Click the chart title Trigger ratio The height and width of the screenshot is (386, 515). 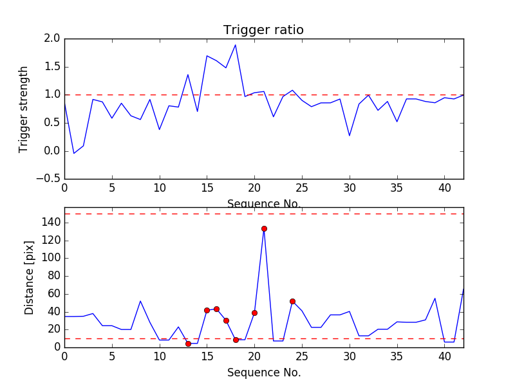pyautogui.click(x=263, y=30)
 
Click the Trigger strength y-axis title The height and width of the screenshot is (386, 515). pyautogui.click(x=24, y=109)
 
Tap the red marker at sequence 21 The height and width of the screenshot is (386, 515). pyautogui.click(x=264, y=228)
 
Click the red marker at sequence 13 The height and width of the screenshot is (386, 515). pyautogui.click(x=188, y=344)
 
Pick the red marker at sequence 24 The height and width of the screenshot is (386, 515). pyautogui.click(x=292, y=301)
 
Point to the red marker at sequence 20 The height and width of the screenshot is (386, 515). pyautogui.click(x=254, y=313)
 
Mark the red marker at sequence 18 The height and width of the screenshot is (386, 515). pyautogui.click(x=236, y=340)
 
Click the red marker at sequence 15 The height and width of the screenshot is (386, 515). pyautogui.click(x=207, y=310)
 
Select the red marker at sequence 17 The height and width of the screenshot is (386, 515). pyautogui.click(x=226, y=320)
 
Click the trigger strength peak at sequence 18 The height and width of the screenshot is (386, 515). pyautogui.click(x=236, y=44)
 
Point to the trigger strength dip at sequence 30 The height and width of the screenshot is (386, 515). pyautogui.click(x=350, y=136)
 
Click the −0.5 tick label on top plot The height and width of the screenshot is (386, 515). pyautogui.click(x=48, y=179)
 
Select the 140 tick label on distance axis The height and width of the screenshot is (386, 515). pyautogui.click(x=51, y=223)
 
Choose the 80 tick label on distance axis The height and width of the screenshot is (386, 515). pyautogui.click(x=54, y=276)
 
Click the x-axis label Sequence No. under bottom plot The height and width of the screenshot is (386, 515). pyautogui.click(x=264, y=372)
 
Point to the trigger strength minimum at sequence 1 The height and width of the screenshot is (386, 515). pyautogui.click(x=74, y=153)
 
